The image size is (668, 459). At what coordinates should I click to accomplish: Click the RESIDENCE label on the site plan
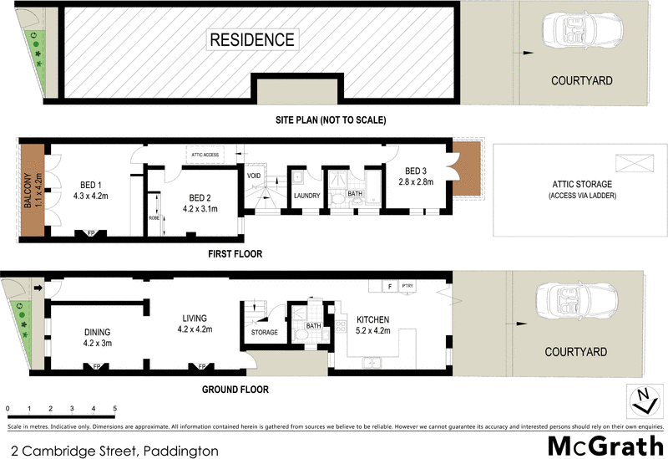tap(251, 39)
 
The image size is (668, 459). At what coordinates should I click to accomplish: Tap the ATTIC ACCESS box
tap(205, 156)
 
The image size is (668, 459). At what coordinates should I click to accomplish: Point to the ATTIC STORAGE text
tap(580, 184)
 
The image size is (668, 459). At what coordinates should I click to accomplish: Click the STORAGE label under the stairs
tap(264, 333)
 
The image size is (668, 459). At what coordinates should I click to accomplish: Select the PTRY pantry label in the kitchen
tap(409, 286)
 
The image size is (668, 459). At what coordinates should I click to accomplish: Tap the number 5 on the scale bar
tap(115, 408)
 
